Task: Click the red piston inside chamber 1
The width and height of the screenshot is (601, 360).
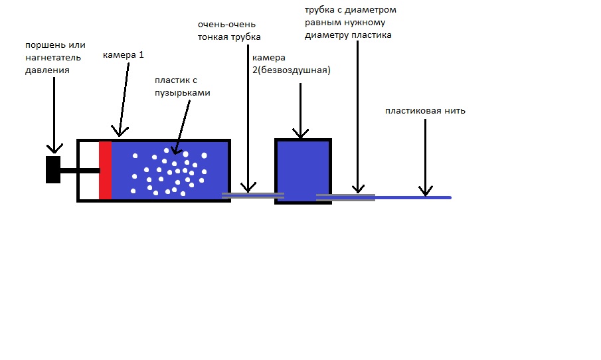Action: [x=106, y=171]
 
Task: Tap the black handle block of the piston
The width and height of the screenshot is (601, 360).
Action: [x=53, y=169]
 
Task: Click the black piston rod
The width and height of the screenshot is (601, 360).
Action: [x=80, y=171]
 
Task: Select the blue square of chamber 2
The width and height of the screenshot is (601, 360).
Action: [x=303, y=171]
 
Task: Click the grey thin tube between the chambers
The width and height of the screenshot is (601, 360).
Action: [x=253, y=195]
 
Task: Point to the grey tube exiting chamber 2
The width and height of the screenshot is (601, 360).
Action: [x=346, y=197]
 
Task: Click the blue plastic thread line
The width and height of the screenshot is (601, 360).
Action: [x=413, y=197]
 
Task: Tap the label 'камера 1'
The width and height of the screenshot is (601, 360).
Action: [x=124, y=55]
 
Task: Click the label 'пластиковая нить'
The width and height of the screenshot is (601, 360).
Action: [x=425, y=111]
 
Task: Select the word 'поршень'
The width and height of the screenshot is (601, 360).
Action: [x=41, y=45]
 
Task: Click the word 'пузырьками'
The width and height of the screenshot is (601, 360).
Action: [x=183, y=93]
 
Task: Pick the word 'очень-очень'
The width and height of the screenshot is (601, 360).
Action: [x=226, y=25]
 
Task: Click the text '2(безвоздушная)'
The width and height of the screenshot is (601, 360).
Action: [x=292, y=70]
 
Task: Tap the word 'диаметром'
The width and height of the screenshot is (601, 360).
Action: [x=371, y=10]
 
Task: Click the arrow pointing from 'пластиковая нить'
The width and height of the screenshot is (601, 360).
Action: [x=425, y=157]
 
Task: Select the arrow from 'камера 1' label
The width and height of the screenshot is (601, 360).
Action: [x=123, y=100]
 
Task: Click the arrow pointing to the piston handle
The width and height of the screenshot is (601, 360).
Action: [x=54, y=116]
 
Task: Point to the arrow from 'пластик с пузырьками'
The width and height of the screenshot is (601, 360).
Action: [x=181, y=128]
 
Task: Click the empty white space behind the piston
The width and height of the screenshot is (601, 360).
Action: [x=89, y=171]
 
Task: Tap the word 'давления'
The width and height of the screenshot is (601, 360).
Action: [x=47, y=70]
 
